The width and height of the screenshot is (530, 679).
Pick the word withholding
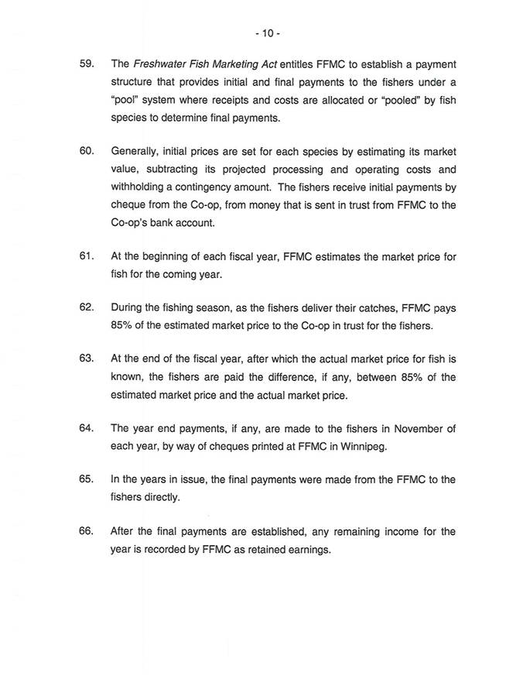[142, 187]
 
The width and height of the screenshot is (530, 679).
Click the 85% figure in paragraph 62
[124, 326]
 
